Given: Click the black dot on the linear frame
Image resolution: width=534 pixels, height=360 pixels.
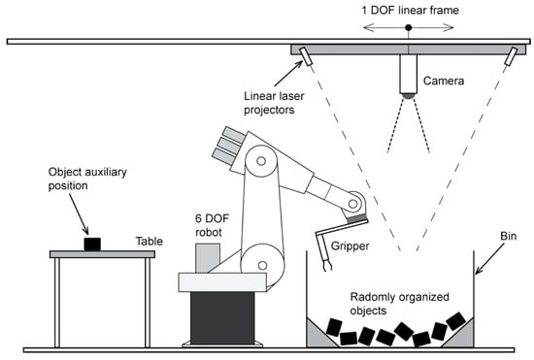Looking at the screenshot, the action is (x=409, y=27).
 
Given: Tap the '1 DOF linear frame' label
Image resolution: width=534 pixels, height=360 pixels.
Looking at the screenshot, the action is (x=410, y=11).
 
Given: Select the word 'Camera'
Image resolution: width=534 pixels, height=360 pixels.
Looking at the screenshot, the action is (x=444, y=81).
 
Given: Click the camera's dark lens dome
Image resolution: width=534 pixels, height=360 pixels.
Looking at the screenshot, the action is (x=408, y=96).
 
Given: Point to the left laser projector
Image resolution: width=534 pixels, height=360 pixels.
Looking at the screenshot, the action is (x=306, y=56).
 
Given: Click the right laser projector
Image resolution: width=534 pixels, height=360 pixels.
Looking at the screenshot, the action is (x=511, y=56).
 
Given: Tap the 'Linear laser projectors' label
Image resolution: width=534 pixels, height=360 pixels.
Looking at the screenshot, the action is (x=274, y=103).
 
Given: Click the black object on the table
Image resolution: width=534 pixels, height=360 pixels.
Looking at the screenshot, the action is (x=92, y=244).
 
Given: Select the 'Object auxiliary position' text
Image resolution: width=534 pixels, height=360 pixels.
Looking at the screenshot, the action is (x=87, y=179).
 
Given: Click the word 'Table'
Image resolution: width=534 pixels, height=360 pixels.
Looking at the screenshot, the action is (x=150, y=242).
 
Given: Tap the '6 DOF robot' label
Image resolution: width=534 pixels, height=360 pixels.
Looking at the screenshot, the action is (x=212, y=225).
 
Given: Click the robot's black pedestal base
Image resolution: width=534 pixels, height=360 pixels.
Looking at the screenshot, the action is (x=222, y=318).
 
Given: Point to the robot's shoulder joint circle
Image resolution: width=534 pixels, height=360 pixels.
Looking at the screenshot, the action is (x=262, y=265).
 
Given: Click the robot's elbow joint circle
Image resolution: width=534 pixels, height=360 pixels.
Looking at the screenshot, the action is (x=261, y=161).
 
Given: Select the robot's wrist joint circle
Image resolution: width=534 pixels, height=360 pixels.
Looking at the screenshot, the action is (x=353, y=204).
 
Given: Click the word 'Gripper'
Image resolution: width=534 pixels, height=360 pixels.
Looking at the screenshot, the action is (x=350, y=246).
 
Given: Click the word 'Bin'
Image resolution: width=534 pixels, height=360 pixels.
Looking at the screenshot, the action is (x=508, y=236).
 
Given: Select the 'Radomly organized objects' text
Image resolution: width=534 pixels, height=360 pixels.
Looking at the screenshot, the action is (x=399, y=304).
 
